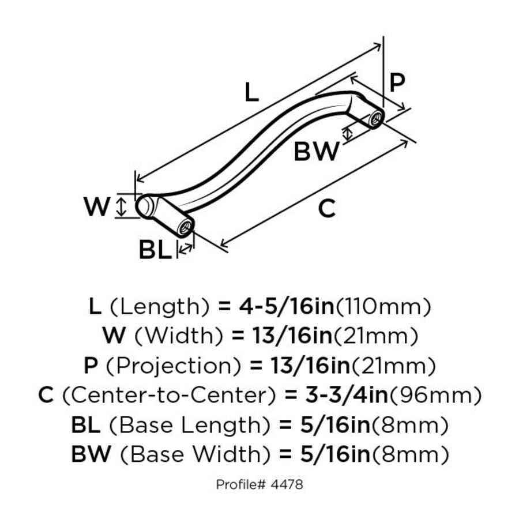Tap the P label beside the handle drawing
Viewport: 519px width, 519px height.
(397, 84)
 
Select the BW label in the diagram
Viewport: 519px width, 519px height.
(317, 152)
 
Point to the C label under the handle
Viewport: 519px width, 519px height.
(326, 208)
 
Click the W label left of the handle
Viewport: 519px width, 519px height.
(96, 206)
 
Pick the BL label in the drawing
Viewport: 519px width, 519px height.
(155, 250)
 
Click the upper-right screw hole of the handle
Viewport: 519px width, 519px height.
(377, 119)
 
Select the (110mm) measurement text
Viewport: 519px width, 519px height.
(383, 306)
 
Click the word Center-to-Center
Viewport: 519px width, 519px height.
(168, 395)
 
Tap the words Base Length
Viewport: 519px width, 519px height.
(189, 426)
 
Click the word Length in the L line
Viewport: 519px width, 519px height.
(159, 306)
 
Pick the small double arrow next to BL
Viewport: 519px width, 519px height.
(186, 249)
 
